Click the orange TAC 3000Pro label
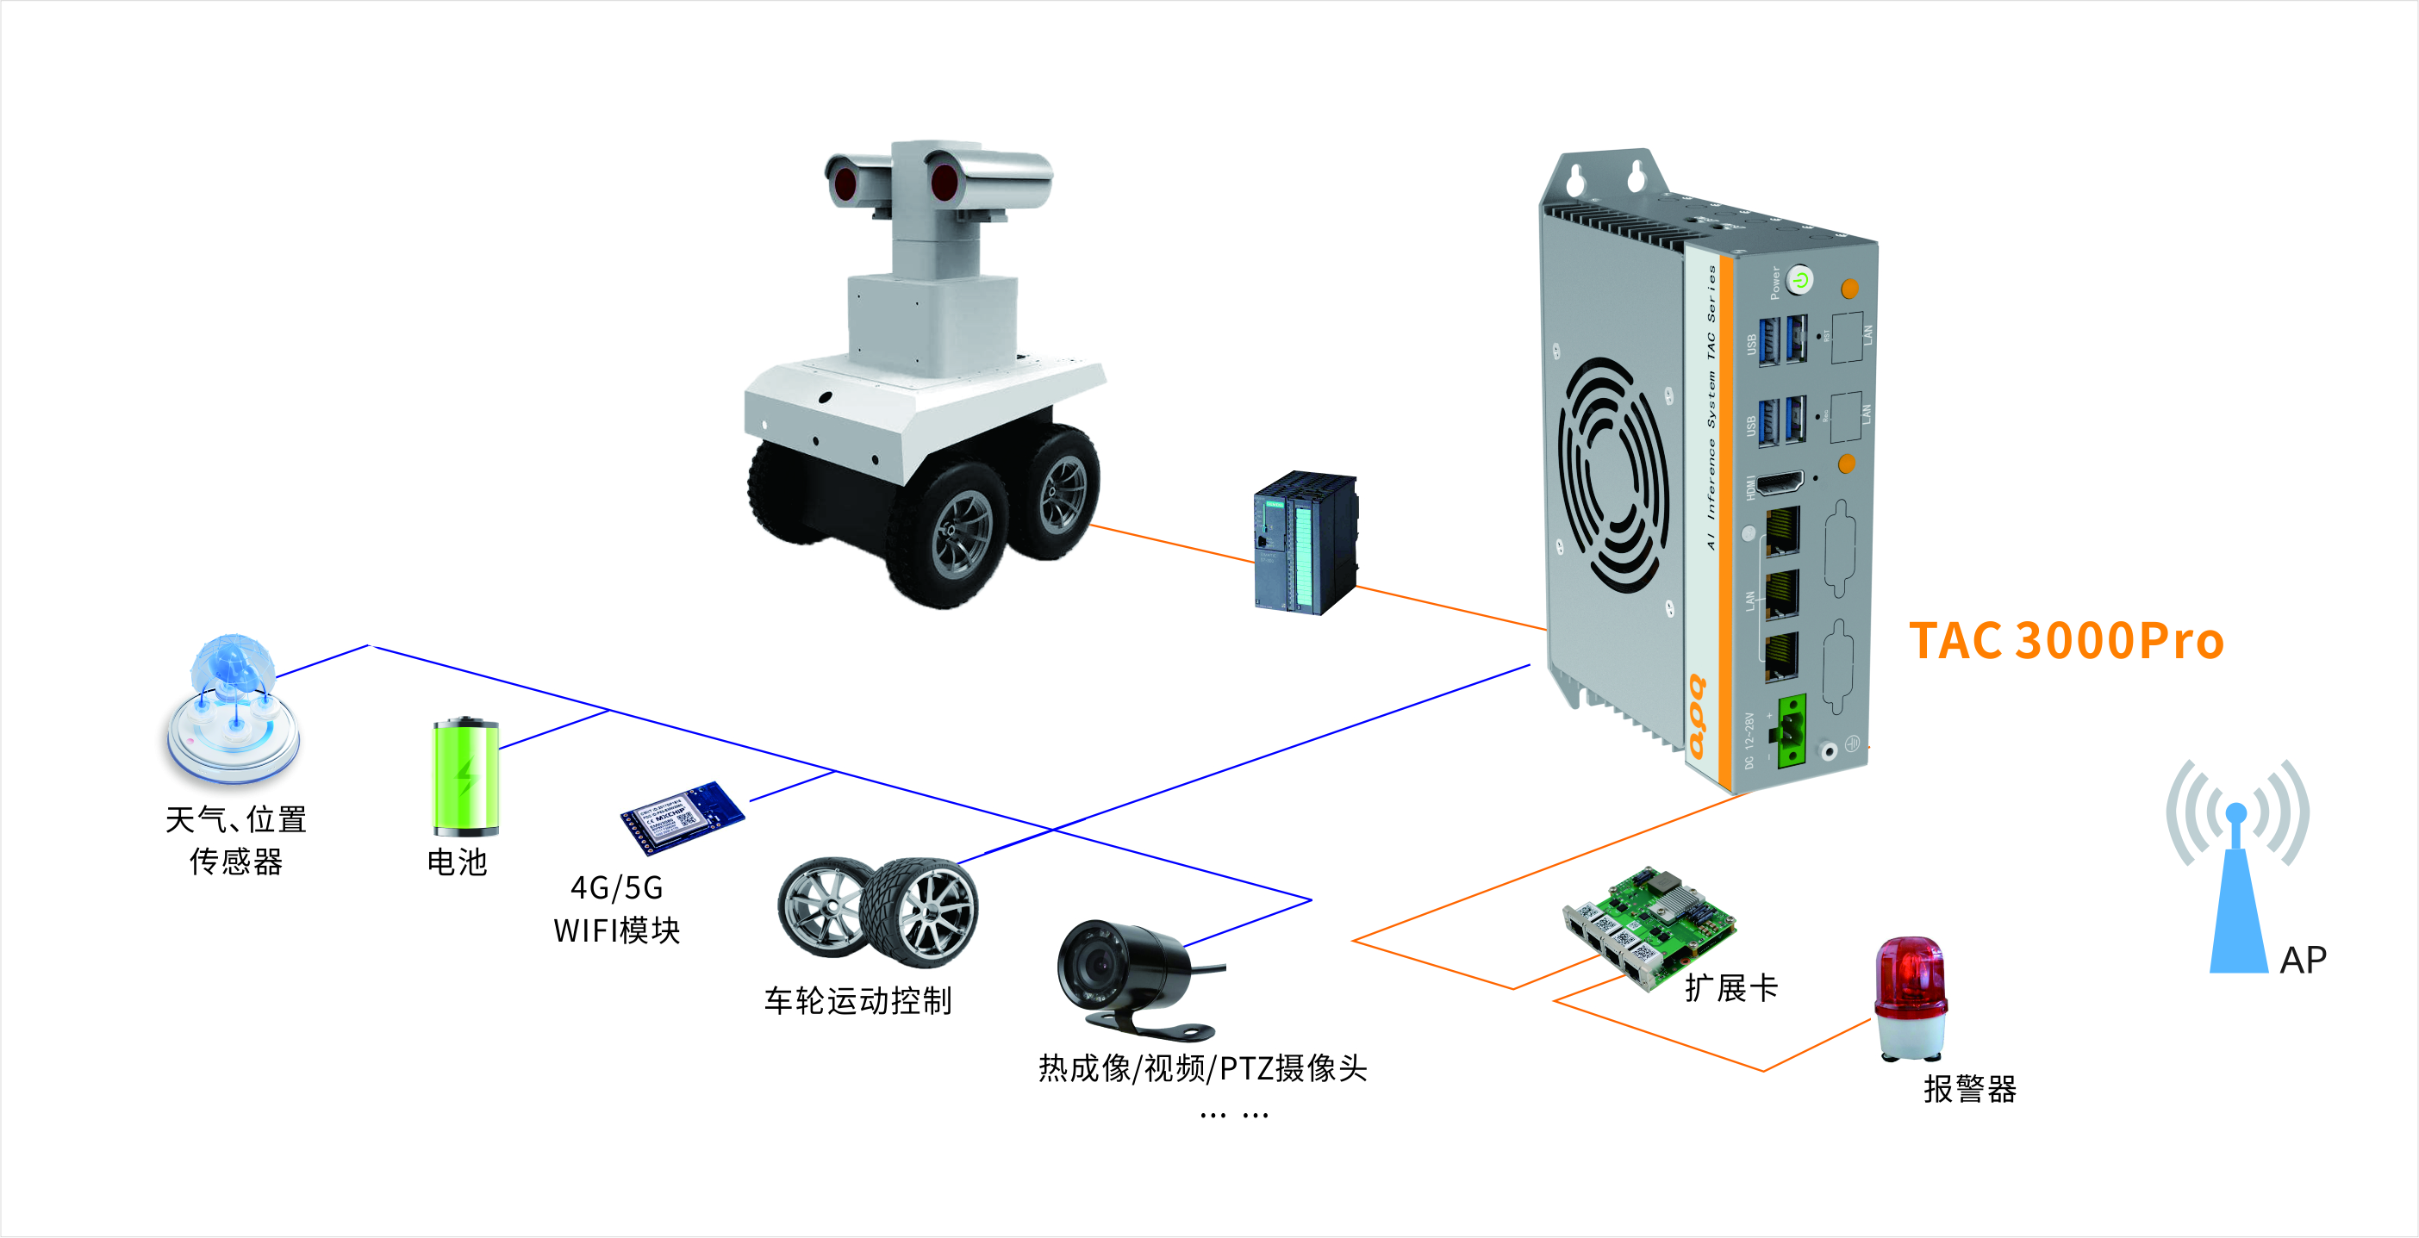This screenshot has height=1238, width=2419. (x=2066, y=641)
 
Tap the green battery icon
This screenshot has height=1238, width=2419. (x=464, y=777)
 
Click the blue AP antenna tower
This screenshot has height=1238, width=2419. (x=2239, y=892)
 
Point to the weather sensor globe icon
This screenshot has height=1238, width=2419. (x=233, y=709)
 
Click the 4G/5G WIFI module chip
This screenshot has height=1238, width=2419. (x=682, y=817)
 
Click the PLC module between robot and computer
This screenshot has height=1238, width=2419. (x=1306, y=544)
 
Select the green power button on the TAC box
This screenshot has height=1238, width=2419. (x=1799, y=280)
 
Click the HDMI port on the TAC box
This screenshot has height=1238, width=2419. (x=1780, y=484)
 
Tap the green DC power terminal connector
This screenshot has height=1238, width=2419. (x=1791, y=731)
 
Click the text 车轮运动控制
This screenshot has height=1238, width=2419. (x=857, y=1001)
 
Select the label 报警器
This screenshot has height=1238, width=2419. (x=1969, y=1090)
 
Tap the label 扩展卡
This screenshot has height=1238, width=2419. (x=1730, y=988)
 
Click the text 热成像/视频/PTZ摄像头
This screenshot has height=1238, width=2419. (x=1202, y=1069)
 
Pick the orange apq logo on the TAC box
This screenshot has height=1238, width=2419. (x=1698, y=717)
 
